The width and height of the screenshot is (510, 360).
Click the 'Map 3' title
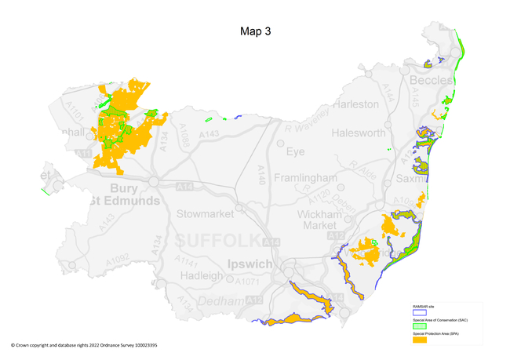coord(255,32)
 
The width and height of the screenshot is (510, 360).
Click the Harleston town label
coord(355,104)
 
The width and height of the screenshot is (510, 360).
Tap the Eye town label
coord(295,151)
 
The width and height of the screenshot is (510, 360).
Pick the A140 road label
coord(261,174)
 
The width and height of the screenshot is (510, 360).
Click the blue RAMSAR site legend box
coord(420,312)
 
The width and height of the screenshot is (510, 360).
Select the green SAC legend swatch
coord(420,325)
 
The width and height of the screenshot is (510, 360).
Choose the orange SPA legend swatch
coord(420,339)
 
